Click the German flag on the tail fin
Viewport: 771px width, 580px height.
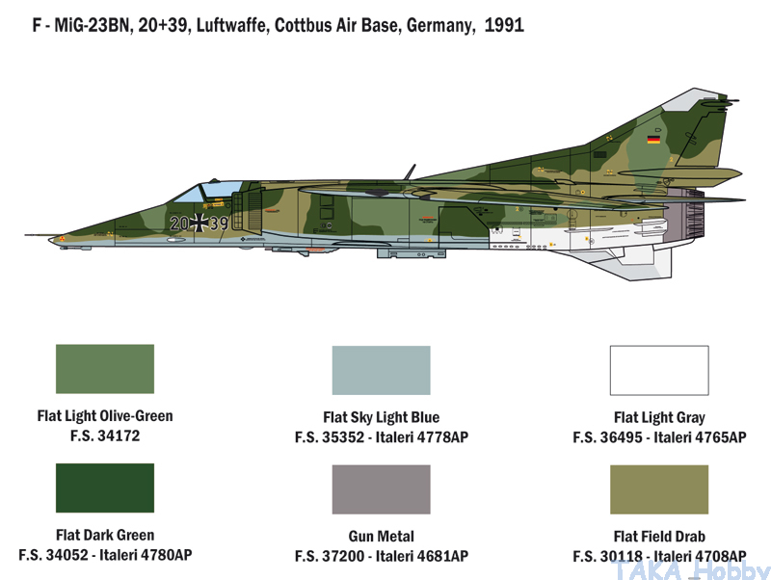coord(653,140)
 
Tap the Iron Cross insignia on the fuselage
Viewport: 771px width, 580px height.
coord(199,223)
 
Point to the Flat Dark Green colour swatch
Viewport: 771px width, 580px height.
coord(105,488)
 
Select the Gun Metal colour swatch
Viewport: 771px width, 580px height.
coord(381,489)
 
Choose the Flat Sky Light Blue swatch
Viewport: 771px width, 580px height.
coord(381,370)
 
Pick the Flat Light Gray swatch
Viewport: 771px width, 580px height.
coord(659,370)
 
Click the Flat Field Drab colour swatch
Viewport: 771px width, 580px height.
coord(659,489)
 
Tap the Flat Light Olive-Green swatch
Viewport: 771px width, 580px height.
coord(105,369)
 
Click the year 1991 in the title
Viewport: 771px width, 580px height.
coord(504,25)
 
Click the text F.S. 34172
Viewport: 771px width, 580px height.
coord(105,435)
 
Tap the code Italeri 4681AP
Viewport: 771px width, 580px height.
coord(422,556)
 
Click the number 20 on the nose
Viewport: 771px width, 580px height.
coord(179,224)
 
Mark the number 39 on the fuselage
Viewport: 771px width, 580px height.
coord(220,224)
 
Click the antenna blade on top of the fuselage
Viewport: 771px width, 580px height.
coord(410,172)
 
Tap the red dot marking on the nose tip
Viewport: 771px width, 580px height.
coord(63,239)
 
